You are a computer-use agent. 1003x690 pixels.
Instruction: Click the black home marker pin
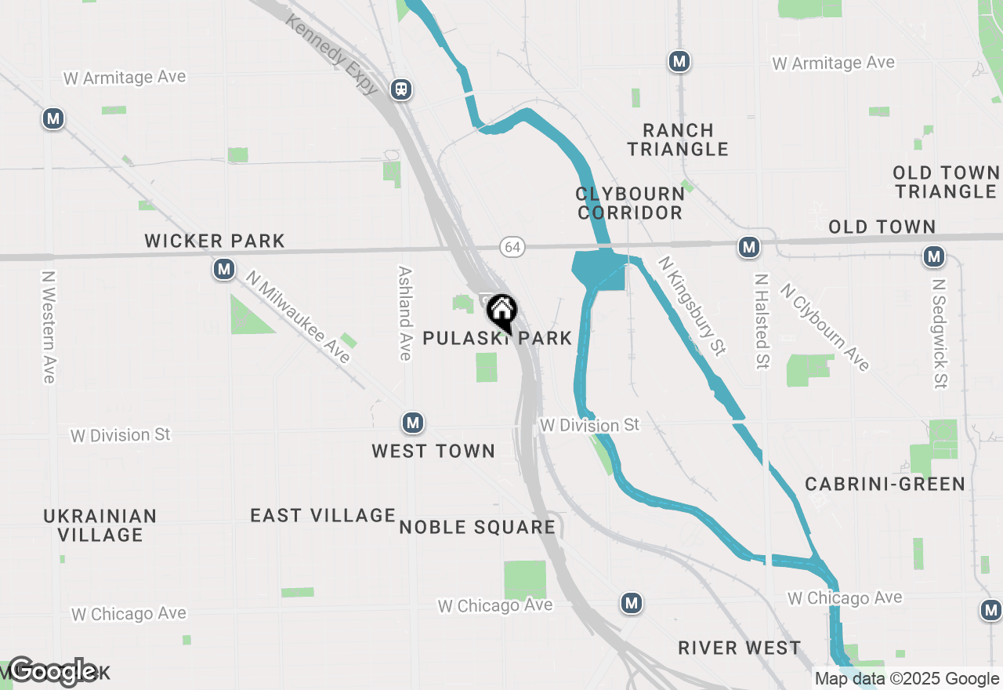tap(501, 312)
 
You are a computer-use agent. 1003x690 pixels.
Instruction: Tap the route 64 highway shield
tap(512, 247)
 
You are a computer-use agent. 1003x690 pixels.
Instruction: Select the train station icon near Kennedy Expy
tap(401, 89)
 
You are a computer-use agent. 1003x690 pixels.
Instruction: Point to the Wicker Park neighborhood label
tap(215, 241)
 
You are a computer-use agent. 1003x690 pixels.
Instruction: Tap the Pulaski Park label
tap(497, 338)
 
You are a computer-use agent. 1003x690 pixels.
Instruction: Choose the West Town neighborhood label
tap(433, 451)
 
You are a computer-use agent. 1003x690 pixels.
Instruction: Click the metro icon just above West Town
tap(413, 423)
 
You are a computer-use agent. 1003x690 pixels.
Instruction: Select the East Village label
tap(323, 515)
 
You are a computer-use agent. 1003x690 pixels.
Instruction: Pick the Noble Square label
tap(477, 527)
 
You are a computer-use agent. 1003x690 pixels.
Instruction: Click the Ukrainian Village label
tap(100, 525)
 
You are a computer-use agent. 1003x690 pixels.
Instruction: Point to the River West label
tap(740, 648)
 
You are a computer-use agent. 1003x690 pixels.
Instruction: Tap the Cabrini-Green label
tap(885, 484)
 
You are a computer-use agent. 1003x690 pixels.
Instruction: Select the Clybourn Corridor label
tap(630, 203)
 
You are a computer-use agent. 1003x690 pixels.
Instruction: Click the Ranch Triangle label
tap(678, 140)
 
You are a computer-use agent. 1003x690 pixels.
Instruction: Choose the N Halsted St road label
tap(761, 321)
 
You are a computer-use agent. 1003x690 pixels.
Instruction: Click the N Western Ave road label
tap(49, 327)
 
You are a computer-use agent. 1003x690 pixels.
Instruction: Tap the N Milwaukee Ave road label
tap(298, 317)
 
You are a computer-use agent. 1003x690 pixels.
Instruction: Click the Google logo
tap(53, 670)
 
